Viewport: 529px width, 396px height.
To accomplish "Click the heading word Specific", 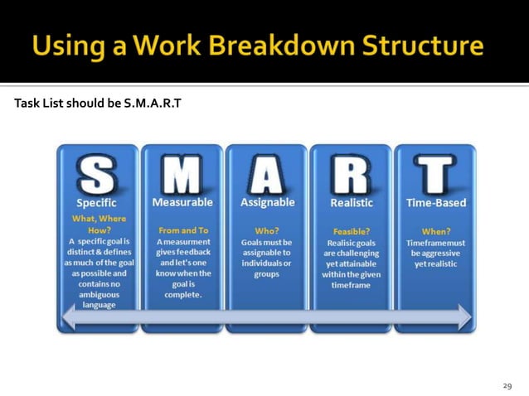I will [97, 203].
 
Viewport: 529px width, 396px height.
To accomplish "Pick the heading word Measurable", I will [182, 202].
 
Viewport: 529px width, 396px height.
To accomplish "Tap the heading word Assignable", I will [267, 202].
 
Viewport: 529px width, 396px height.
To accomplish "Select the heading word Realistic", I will [352, 203].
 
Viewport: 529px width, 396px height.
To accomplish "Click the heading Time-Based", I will [436, 203].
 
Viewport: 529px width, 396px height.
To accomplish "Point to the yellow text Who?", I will [267, 230].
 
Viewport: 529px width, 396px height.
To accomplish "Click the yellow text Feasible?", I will [352, 231].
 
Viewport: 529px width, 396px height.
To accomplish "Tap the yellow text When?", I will [436, 231].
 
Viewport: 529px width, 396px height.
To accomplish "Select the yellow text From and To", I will [182, 230].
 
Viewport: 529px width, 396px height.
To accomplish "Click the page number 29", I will [507, 385].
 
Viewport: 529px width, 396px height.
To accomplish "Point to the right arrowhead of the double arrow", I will [463, 316].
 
